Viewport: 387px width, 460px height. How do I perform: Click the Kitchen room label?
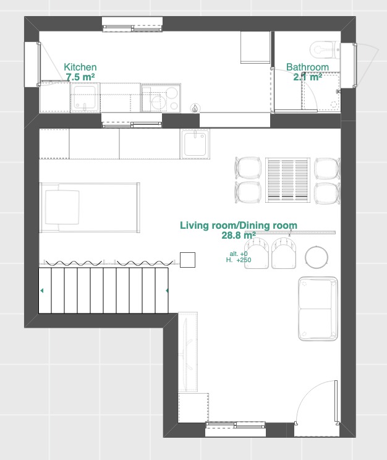tap(80, 67)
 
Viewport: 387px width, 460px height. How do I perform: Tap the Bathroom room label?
tap(307, 67)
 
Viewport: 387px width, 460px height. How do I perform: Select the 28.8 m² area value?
tap(239, 236)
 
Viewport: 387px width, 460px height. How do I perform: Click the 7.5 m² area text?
tap(80, 77)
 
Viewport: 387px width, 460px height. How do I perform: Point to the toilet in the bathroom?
tap(325, 50)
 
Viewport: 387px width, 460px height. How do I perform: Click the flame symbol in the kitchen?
tap(195, 108)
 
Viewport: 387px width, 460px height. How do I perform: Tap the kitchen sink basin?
tap(85, 98)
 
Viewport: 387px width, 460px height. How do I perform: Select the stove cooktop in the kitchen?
tap(161, 98)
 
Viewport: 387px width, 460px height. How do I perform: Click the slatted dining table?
tap(288, 180)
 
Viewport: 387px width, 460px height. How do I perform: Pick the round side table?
tap(317, 257)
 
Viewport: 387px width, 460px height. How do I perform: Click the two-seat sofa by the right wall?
tap(318, 309)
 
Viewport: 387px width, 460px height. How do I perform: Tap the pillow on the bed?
tap(62, 207)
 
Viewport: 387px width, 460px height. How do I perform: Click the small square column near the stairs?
tap(187, 260)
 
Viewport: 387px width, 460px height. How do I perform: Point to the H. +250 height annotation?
tap(239, 260)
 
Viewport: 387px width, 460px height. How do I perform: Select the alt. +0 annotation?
tap(239, 253)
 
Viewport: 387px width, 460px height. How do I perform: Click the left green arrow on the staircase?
tap(41, 291)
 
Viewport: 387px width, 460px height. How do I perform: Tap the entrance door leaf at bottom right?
tap(336, 401)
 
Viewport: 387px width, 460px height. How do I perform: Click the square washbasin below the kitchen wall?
tap(195, 144)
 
